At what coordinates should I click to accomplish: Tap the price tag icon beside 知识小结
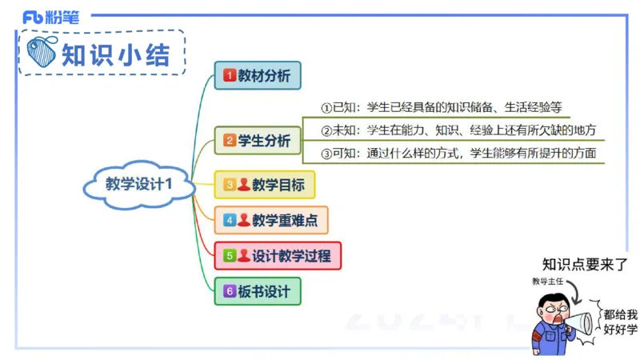(41, 53)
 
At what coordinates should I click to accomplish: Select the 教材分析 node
(258, 76)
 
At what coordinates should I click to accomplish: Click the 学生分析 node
(258, 141)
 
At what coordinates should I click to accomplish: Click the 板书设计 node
(258, 291)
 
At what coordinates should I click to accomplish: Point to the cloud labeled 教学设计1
(139, 184)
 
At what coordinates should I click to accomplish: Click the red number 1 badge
(230, 76)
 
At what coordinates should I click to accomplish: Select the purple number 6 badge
(230, 291)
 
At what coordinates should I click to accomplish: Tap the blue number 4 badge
(230, 219)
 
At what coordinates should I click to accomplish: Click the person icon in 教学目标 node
(244, 185)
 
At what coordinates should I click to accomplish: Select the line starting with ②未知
(458, 130)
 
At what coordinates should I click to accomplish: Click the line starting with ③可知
(458, 153)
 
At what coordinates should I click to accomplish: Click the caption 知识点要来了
(586, 265)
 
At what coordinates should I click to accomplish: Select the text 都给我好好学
(621, 322)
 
